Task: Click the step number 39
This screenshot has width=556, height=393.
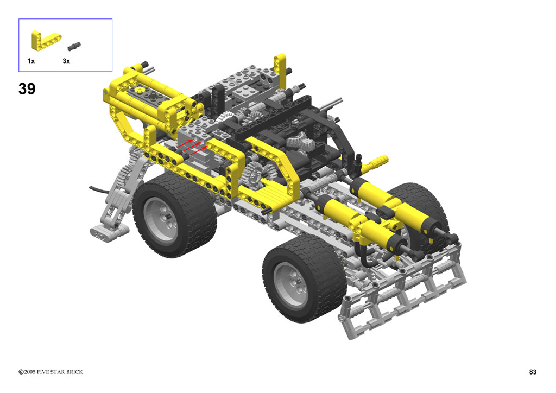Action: (x=27, y=88)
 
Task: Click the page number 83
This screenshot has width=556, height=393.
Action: (x=533, y=372)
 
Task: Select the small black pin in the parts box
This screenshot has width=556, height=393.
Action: (x=74, y=46)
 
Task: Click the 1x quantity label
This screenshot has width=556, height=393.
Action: (x=31, y=61)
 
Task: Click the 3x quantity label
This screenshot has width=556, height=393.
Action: (x=66, y=61)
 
